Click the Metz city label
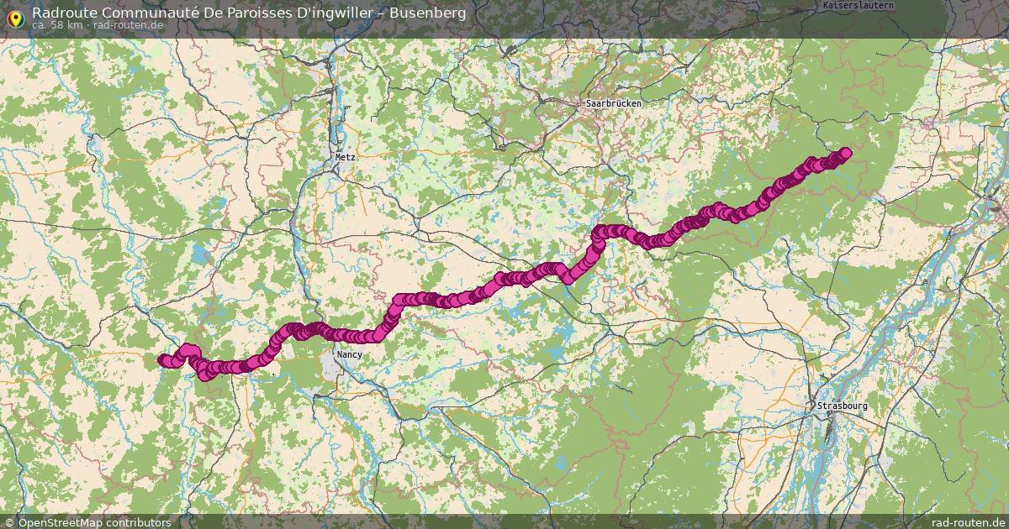[346, 157]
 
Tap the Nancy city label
[349, 355]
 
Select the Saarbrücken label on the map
[613, 103]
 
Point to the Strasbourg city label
[842, 406]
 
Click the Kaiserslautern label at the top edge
[858, 5]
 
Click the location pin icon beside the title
[14, 16]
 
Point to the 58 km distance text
[64, 25]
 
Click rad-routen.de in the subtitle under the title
[128, 25]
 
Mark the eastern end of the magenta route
[845, 152]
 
